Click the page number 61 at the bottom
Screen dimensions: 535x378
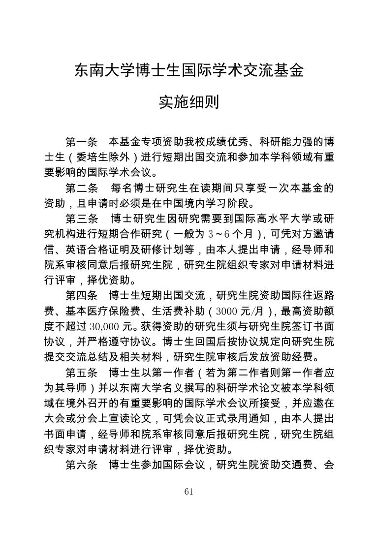tap(189, 492)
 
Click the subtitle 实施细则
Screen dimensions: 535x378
tap(189, 102)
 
